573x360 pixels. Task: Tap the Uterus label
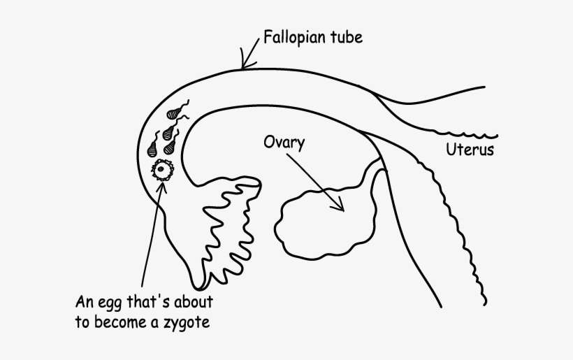(x=470, y=150)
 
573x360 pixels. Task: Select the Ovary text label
(x=284, y=142)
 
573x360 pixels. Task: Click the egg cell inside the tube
(x=163, y=169)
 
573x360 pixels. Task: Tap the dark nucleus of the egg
(x=163, y=169)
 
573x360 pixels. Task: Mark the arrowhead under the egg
(x=161, y=184)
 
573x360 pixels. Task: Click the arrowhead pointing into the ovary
(x=340, y=206)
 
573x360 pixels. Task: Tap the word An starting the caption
(x=84, y=305)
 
